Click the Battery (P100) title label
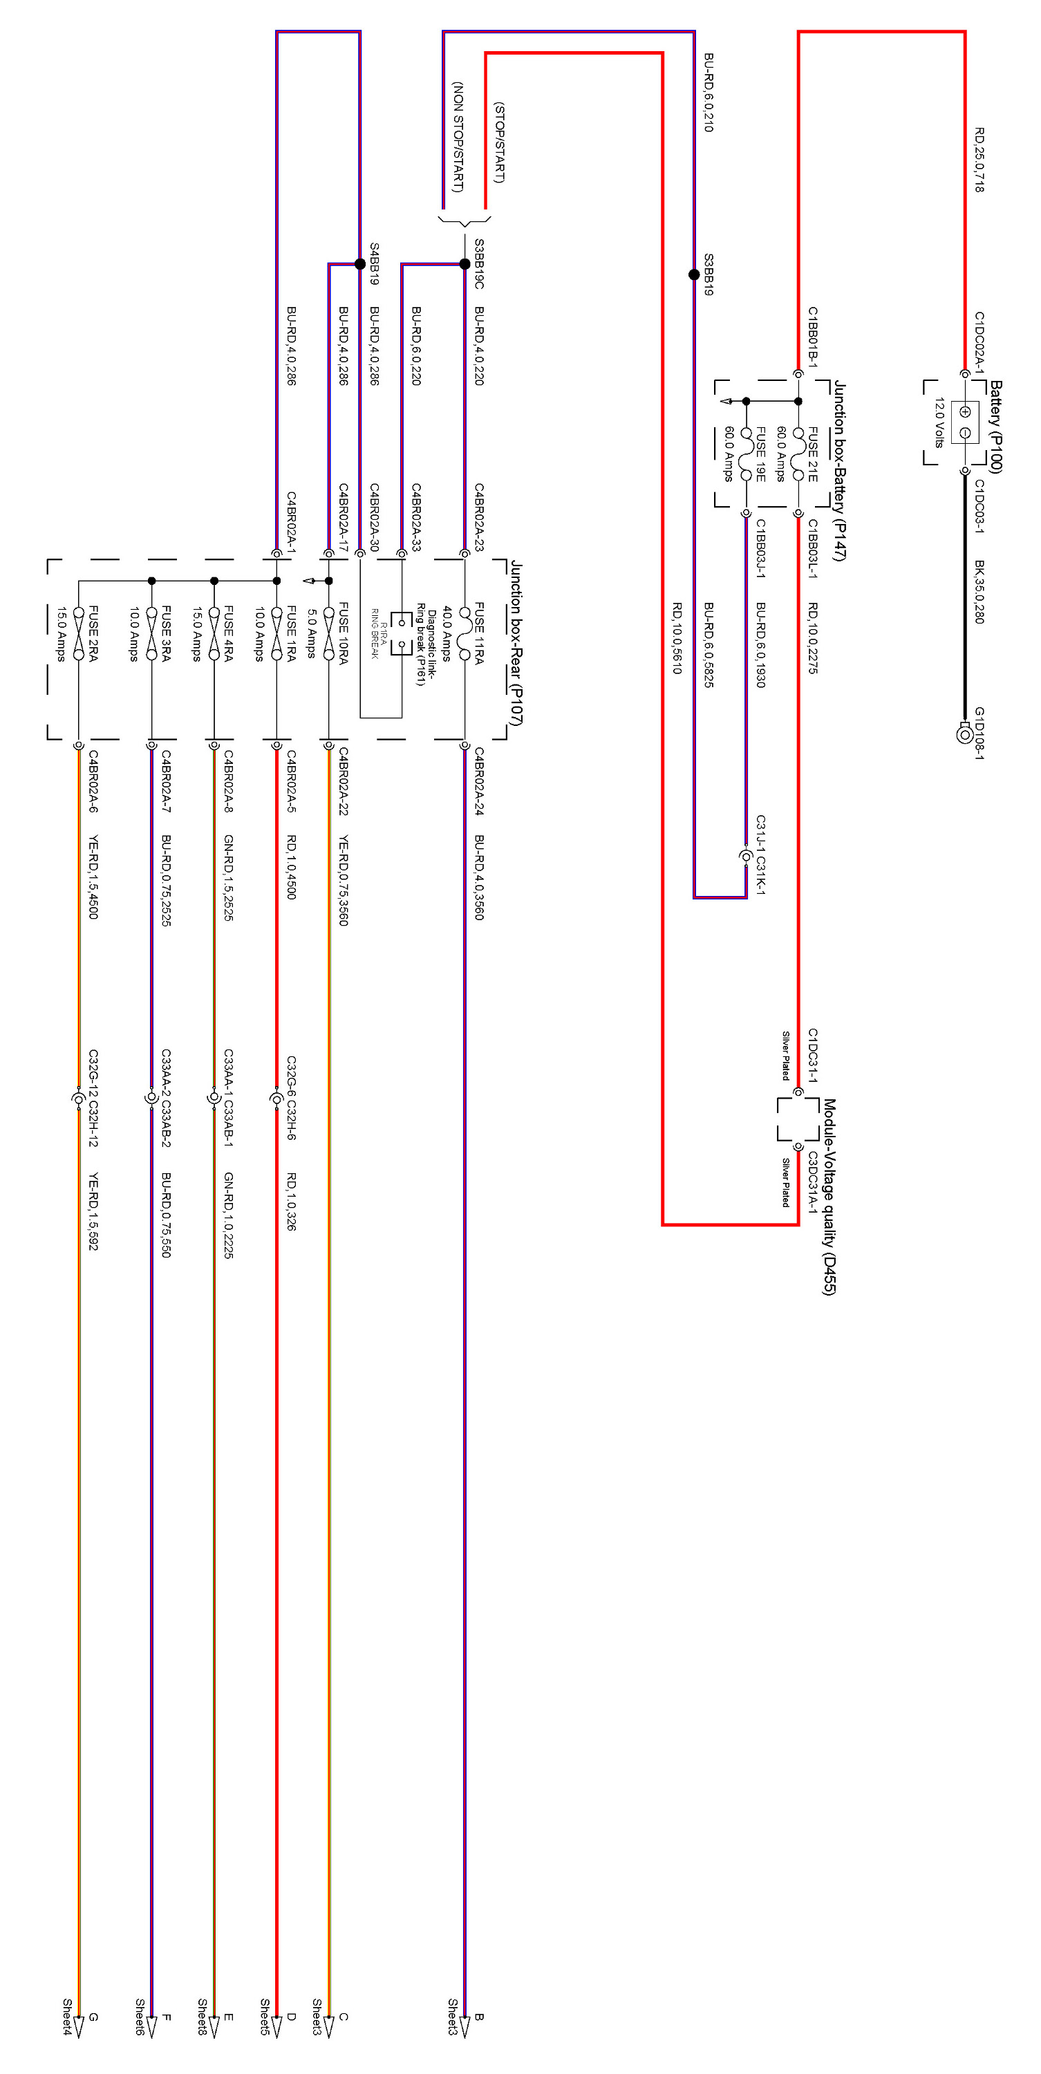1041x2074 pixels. click(996, 427)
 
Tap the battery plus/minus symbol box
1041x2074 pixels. click(964, 422)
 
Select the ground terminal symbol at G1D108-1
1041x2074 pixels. click(964, 734)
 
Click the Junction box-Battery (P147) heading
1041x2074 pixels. click(840, 470)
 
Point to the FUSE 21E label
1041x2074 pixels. click(812, 454)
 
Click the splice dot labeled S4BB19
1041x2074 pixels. click(360, 264)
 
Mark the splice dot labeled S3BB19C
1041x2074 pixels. click(465, 264)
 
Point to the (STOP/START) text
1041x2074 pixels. click(498, 142)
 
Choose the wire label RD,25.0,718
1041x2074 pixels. click(979, 160)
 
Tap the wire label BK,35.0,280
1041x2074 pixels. click(979, 592)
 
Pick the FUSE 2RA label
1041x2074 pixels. click(93, 634)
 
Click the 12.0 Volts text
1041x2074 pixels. click(939, 422)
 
